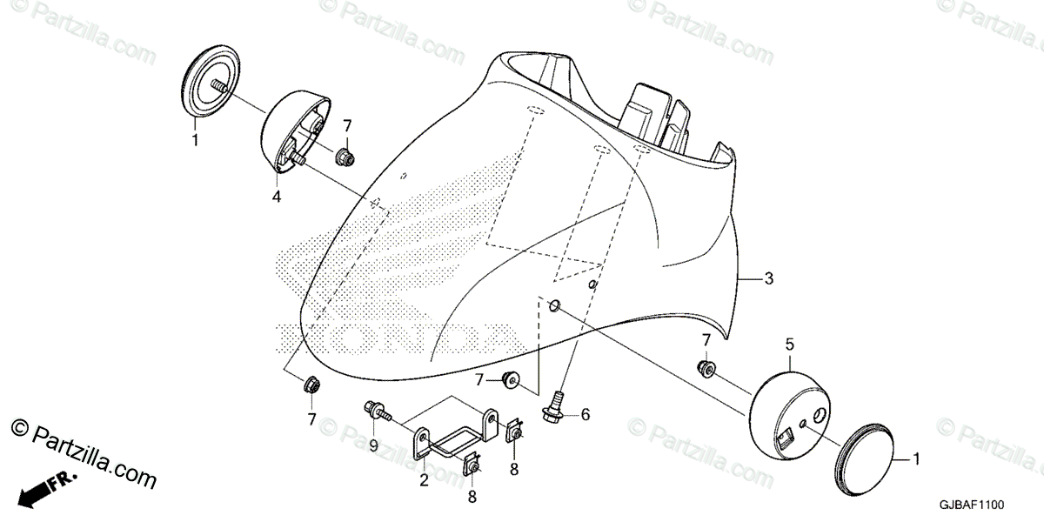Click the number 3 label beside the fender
(x=768, y=279)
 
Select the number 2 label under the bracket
(x=424, y=479)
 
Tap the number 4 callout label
(x=276, y=197)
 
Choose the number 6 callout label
(x=586, y=415)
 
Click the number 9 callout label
(x=374, y=445)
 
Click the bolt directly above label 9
(x=374, y=408)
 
